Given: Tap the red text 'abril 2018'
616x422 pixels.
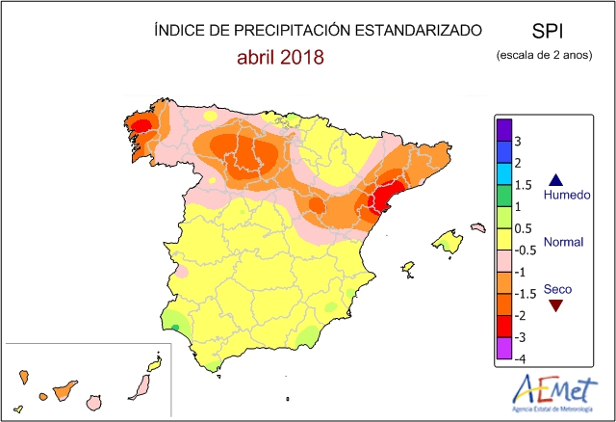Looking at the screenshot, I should (x=280, y=57).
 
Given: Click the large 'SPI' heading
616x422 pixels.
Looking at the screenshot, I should (x=547, y=31).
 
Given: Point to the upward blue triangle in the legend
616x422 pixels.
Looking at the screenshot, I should (x=555, y=179).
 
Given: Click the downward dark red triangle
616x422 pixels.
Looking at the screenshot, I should (x=555, y=305).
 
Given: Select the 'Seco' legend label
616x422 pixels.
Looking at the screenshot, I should (x=556, y=288).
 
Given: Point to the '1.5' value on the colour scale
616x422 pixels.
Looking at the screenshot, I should (x=523, y=185).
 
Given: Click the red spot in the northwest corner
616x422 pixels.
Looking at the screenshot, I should (x=141, y=125).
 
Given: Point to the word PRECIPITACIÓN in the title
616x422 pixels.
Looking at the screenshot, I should (x=292, y=31).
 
